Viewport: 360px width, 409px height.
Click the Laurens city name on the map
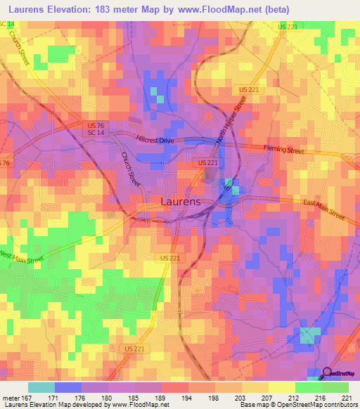181,201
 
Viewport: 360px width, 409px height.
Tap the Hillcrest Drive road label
156,141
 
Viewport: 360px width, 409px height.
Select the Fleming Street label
283,149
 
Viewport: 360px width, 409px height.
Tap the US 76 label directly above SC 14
96,126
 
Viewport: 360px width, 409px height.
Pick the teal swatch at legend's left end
41,387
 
